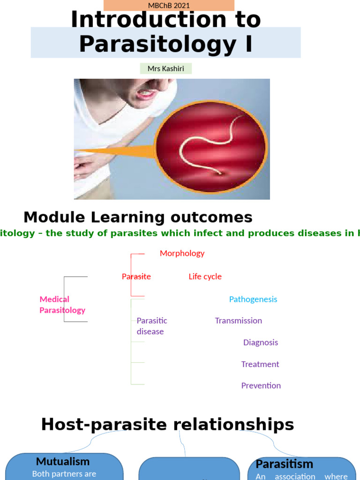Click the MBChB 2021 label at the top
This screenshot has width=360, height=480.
169,6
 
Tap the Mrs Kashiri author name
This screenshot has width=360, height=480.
165,69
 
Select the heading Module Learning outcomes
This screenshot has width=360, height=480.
138,217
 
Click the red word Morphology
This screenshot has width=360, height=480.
182,254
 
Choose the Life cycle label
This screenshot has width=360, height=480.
205,277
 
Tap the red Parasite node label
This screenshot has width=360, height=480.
136,277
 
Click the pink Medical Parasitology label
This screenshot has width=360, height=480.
62,305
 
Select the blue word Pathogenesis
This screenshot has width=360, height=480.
253,299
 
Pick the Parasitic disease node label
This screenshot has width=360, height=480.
151,326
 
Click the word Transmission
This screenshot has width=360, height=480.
238,321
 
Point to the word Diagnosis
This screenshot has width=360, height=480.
260,343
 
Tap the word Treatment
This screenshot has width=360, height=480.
260,364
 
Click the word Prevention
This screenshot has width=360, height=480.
261,386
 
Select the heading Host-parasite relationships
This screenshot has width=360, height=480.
167,425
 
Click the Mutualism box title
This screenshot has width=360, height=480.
63,462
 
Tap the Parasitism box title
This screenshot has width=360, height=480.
284,464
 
